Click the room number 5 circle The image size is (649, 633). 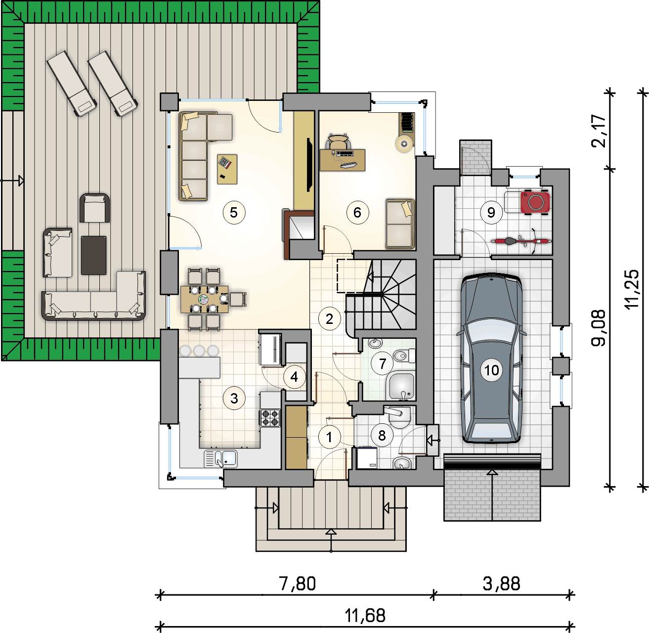234,213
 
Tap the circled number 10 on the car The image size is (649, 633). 491,370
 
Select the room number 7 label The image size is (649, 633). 382,363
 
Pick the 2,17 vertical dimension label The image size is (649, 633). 598,131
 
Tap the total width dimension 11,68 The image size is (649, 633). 365,616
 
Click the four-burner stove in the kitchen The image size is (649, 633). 270,418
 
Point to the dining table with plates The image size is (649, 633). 205,299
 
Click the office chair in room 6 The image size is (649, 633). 338,141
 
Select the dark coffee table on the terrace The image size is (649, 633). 94,255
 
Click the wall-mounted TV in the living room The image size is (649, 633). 310,165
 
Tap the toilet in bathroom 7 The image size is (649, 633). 404,356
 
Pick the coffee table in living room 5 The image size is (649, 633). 227,169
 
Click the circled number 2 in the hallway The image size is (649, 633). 330,319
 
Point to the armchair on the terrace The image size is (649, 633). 95,208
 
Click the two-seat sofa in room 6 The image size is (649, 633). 400,224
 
